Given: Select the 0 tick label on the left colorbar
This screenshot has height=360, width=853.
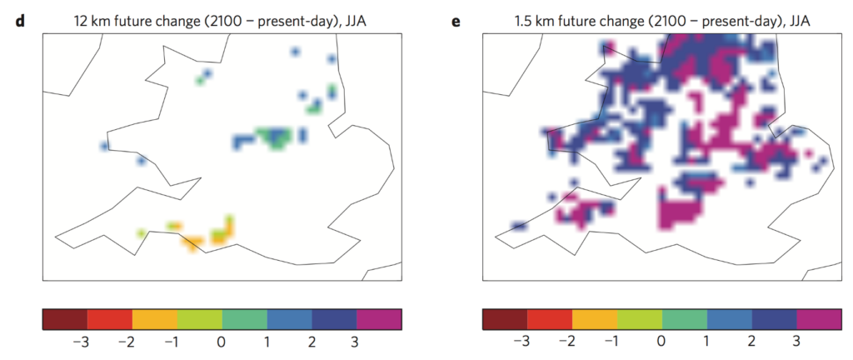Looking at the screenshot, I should pyautogui.click(x=222, y=342).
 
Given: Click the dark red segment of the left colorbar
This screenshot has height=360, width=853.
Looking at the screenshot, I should pyautogui.click(x=64, y=320).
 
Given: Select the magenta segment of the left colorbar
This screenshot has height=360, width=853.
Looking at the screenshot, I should pyautogui.click(x=380, y=320).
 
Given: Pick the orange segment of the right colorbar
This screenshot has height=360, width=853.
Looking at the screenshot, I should pyautogui.click(x=595, y=320).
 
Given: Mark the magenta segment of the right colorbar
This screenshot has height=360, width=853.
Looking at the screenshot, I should pyautogui.click(x=820, y=320).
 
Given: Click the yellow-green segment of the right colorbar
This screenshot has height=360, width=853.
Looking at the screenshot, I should pyautogui.click(x=640, y=320).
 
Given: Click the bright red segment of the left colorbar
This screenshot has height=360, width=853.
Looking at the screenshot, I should pyautogui.click(x=110, y=320).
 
